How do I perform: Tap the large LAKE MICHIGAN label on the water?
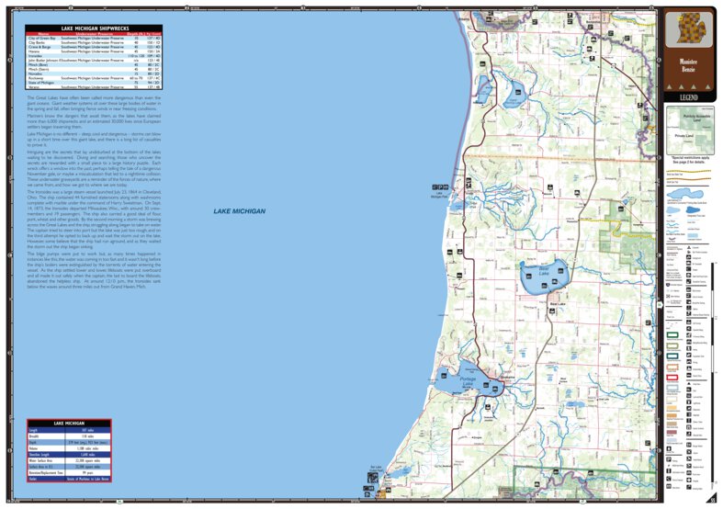(239, 212)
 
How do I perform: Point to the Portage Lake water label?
(469, 380)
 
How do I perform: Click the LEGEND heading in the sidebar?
(689, 97)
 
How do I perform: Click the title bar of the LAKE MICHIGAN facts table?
(69, 424)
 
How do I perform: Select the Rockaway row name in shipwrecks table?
(40, 79)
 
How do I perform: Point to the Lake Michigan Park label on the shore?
(439, 194)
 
